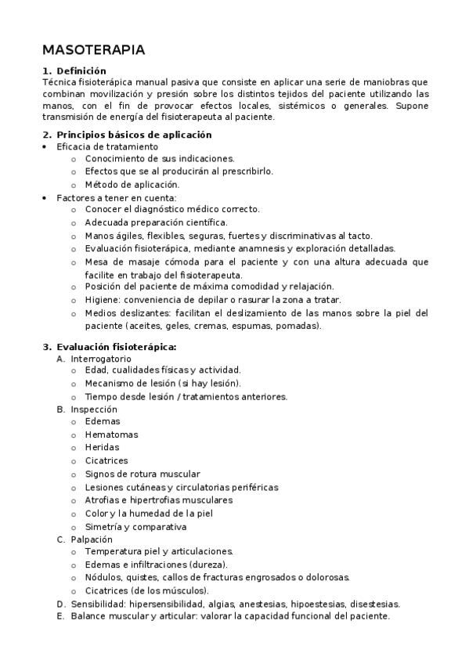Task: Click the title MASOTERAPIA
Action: click(93, 50)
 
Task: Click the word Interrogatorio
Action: click(101, 359)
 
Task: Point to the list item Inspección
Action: click(93, 409)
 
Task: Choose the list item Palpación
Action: click(92, 539)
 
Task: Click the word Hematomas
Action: click(111, 435)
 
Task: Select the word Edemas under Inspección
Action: click(103, 421)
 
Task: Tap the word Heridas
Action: click(103, 447)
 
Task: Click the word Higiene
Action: click(102, 300)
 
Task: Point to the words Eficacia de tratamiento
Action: click(107, 146)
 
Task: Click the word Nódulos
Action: click(105, 577)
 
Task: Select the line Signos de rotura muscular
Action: click(143, 474)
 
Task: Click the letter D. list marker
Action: click(61, 604)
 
